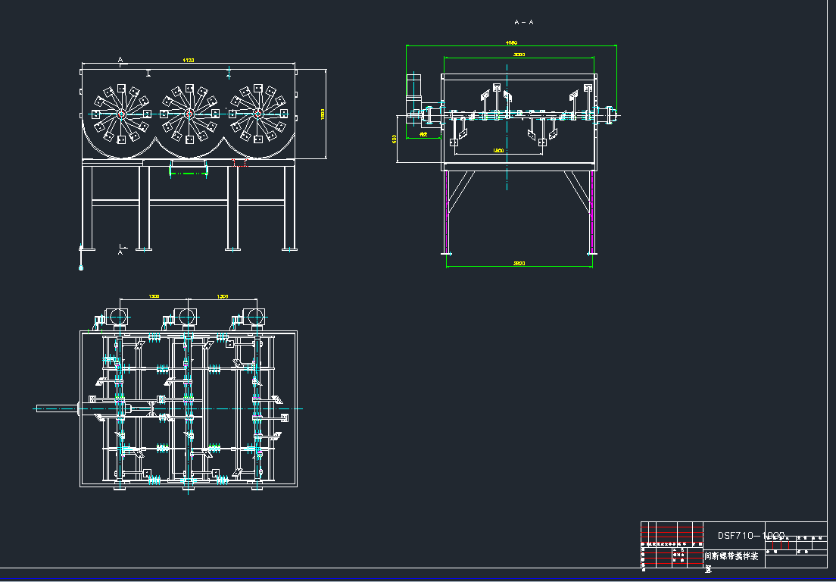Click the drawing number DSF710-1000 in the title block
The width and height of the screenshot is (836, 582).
pos(751,535)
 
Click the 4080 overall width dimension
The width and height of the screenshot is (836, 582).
pos(511,43)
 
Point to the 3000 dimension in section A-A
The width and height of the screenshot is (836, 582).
pos(519,55)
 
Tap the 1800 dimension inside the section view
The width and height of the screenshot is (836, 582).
pos(498,151)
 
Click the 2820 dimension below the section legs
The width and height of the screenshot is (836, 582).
pos(519,263)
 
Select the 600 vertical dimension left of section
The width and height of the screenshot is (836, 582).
pos(395,139)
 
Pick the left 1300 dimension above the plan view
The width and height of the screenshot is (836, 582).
pos(154,296)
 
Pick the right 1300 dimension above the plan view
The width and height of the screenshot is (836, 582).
pos(222,296)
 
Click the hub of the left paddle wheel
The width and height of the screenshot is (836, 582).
pos(120,114)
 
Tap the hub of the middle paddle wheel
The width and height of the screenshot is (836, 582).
pos(189,114)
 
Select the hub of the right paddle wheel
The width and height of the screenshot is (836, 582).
pos(257,114)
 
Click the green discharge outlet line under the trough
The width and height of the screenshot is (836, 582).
pos(188,174)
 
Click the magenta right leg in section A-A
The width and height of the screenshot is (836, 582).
pos(592,212)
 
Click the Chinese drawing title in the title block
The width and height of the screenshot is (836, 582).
pos(731,555)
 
